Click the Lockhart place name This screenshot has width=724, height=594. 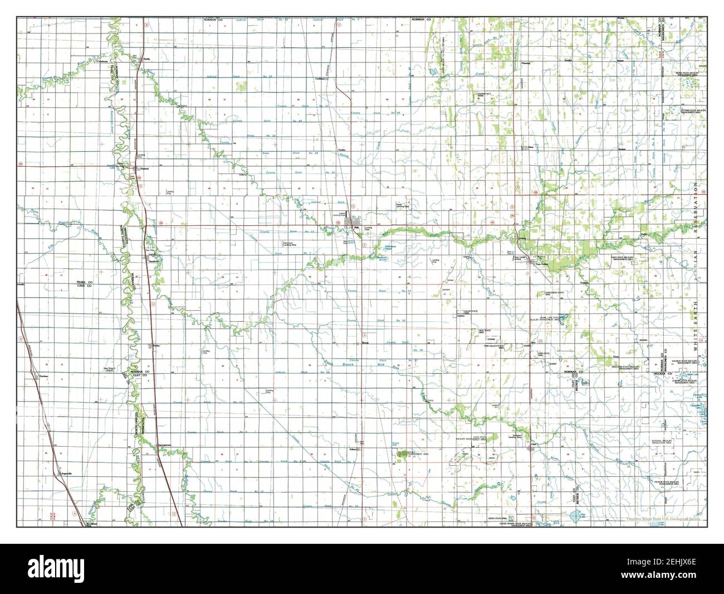point(320,79)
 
